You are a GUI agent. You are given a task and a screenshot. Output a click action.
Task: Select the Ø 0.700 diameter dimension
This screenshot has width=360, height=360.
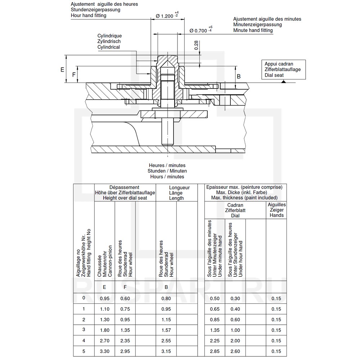point(198,31)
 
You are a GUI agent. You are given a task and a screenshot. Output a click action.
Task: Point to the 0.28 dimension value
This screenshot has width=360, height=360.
point(197,45)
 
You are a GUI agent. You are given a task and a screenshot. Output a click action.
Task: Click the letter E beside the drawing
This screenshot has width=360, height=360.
point(62,69)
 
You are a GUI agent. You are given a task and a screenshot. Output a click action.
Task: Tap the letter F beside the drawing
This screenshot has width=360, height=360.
point(74,75)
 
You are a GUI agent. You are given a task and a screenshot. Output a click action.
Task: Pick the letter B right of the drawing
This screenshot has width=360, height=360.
point(238,76)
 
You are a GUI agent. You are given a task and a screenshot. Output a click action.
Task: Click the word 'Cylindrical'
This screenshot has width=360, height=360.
point(109,47)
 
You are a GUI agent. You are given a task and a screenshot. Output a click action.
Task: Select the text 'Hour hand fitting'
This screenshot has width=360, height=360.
point(89,15)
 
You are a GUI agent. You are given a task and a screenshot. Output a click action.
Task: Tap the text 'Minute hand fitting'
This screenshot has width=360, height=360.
point(253,31)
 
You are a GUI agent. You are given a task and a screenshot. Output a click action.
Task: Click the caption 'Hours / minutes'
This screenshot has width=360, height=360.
point(167,177)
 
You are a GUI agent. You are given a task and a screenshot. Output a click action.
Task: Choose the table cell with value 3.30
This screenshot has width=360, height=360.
point(104,351)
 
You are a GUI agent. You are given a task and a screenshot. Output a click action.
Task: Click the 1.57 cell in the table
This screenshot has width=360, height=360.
point(166,330)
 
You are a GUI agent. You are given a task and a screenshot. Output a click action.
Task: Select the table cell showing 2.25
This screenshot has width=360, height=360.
point(215,341)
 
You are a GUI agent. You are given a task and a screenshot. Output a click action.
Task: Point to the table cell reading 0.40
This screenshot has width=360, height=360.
point(235,309)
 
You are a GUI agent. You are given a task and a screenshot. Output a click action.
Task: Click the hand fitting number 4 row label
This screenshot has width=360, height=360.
point(84,340)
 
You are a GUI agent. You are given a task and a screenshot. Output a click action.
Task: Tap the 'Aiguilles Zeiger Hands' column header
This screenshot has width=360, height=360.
point(276,210)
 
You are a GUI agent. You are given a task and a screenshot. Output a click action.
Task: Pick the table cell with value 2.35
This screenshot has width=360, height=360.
point(125,341)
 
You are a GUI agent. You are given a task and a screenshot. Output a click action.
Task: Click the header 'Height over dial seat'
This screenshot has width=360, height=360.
point(125,198)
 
